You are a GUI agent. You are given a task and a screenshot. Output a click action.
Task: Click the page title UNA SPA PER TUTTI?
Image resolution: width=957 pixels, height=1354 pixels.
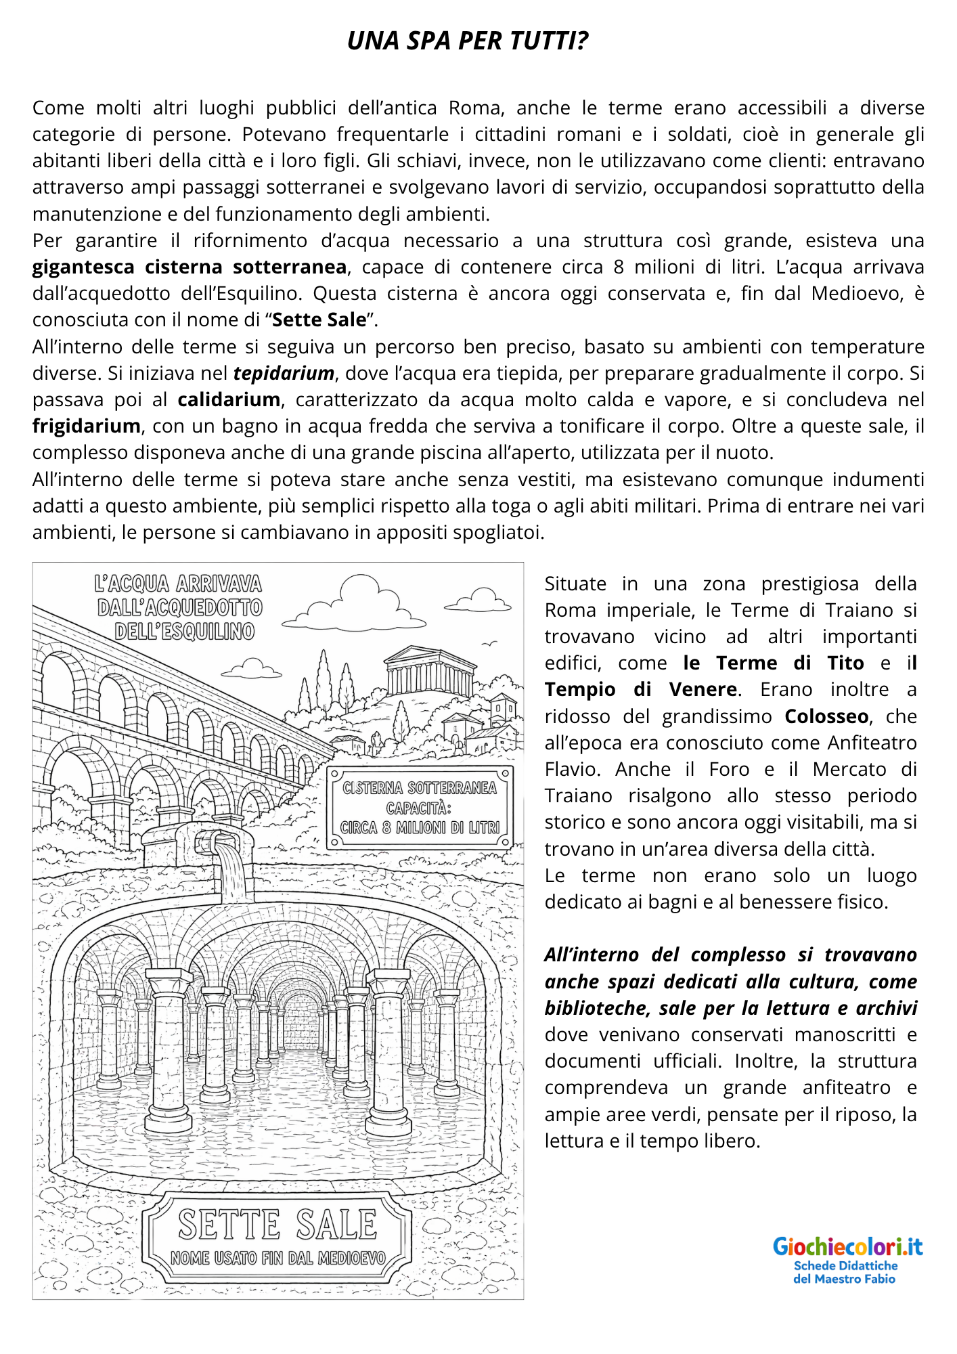pyautogui.click(x=467, y=41)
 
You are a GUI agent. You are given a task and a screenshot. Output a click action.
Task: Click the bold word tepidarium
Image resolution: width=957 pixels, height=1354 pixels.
pyautogui.click(x=284, y=373)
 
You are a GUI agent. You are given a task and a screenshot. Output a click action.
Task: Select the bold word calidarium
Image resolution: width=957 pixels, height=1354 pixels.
pyautogui.click(x=229, y=399)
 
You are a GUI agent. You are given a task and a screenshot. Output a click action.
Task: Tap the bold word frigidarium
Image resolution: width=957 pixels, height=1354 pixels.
pyautogui.click(x=86, y=426)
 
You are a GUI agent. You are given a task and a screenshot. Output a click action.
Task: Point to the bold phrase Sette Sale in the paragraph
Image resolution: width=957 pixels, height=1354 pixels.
pyautogui.click(x=319, y=320)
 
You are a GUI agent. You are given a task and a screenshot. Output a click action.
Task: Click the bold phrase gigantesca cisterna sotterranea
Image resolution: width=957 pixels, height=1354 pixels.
pyautogui.click(x=190, y=267)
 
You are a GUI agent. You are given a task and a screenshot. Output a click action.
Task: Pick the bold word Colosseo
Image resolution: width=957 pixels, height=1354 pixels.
pyautogui.click(x=826, y=716)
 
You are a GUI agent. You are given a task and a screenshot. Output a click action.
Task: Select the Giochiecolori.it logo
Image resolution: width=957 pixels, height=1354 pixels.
pyautogui.click(x=847, y=1246)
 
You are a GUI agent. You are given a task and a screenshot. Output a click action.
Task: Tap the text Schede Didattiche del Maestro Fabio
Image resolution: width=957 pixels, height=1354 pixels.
pyautogui.click(x=845, y=1272)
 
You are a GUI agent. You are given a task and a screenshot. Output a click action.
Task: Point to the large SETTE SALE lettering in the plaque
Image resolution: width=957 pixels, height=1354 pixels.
pyautogui.click(x=277, y=1225)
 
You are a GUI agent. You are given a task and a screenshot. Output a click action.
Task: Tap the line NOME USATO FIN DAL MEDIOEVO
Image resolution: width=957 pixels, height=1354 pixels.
pyautogui.click(x=277, y=1258)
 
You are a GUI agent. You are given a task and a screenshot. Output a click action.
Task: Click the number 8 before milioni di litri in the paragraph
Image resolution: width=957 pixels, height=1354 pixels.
pyautogui.click(x=619, y=267)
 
